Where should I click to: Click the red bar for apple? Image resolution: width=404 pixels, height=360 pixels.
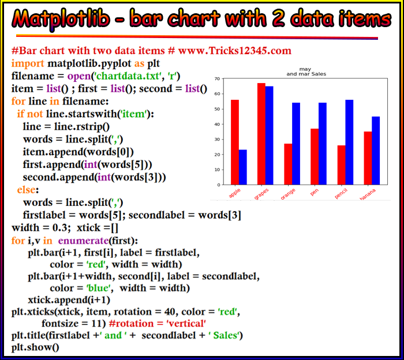coord(235,142)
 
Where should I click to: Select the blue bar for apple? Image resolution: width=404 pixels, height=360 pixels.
coord(243,167)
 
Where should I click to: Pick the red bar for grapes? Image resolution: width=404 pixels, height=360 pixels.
coord(261,134)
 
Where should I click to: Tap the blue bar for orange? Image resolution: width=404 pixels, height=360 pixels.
coord(296,144)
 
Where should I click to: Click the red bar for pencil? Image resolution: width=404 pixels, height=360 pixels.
coord(342,165)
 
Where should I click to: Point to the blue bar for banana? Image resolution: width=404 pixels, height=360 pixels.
coord(376,151)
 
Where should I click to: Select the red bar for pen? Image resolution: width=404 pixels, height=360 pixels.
coord(315,156)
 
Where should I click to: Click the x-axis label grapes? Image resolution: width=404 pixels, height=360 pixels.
coord(261,194)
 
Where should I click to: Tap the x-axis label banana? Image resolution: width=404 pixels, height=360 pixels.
coord(368,194)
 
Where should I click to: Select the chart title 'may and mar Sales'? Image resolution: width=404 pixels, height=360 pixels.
coord(306,72)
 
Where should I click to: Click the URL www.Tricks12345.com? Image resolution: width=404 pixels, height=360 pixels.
coord(235,51)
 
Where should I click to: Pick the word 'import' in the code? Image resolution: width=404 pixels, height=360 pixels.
coord(28,63)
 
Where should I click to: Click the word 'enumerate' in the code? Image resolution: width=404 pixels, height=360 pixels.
coord(83,241)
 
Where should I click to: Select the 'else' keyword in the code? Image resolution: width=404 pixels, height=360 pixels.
coord(27,190)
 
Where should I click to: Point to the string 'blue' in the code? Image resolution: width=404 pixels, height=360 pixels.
coord(99,288)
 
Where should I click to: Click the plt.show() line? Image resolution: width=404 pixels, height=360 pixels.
coord(35,347)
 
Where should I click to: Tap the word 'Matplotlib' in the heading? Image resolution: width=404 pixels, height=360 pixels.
coord(61,18)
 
